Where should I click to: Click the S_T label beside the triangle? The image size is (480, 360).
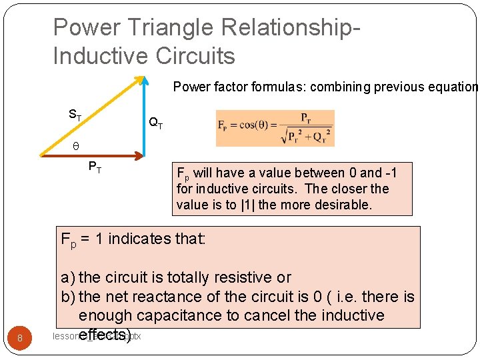(75, 115)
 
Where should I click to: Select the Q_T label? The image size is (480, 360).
(155, 123)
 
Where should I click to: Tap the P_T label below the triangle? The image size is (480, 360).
(95, 167)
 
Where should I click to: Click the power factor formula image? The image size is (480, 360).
(275, 129)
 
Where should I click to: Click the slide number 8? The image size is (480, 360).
(20, 338)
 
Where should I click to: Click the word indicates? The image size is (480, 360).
(139, 238)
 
